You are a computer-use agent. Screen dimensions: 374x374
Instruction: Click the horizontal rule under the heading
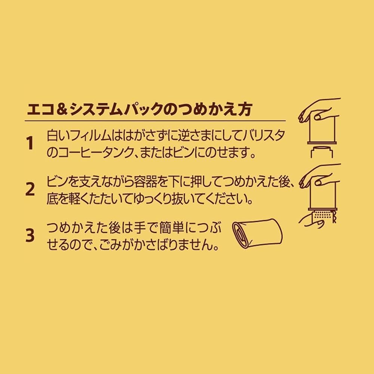coord(155,121)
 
